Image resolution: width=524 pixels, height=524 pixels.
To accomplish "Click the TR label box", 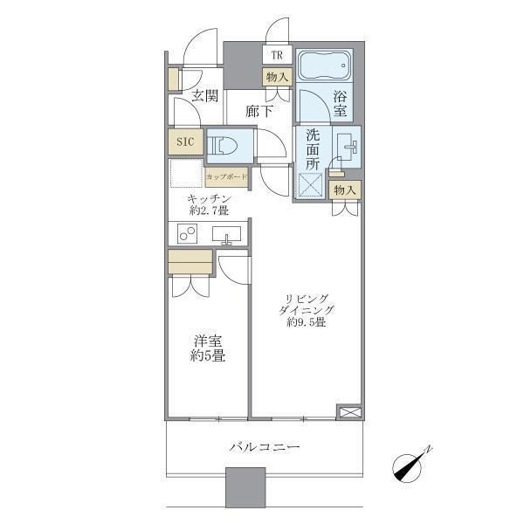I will click(277, 55).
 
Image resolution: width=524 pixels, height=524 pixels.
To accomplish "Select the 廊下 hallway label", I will click(259, 111).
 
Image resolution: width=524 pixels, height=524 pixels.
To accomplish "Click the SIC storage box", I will click(185, 141).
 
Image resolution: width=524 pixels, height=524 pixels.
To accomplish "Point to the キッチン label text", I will click(210, 198).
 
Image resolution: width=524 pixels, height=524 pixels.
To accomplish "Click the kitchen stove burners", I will click(187, 233).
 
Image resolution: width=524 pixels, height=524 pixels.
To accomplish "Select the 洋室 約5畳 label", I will click(209, 348).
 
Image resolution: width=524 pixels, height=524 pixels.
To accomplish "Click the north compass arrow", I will click(412, 466).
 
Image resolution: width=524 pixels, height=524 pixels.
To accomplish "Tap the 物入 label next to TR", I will click(277, 77).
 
